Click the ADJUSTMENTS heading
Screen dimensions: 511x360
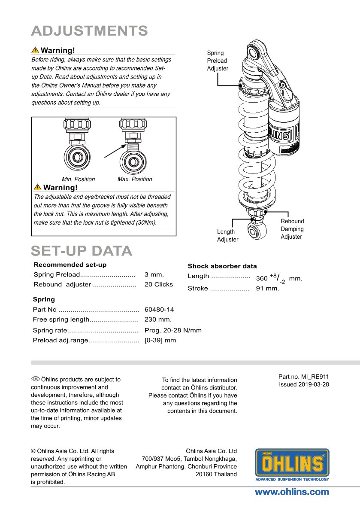pyautogui.click(x=89, y=31)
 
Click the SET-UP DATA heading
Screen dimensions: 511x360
pyautogui.click(x=82, y=251)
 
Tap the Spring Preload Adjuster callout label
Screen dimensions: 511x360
pyautogui.click(x=218, y=61)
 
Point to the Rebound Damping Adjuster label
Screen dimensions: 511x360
pyautogui.click(x=292, y=229)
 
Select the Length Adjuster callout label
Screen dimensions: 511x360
pyautogui.click(x=227, y=236)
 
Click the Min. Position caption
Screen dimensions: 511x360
pyautogui.click(x=78, y=179)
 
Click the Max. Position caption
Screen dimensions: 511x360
pyautogui.click(x=135, y=179)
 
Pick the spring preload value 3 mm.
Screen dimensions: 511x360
pyautogui.click(x=154, y=274)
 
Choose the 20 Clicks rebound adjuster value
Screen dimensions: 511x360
pyautogui.click(x=159, y=284)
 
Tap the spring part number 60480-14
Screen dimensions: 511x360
pyautogui.click(x=159, y=309)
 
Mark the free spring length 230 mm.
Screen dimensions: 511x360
pyautogui.click(x=158, y=319)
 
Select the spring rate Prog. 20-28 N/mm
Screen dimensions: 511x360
pyautogui.click(x=173, y=330)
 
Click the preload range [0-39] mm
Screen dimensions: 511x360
pyautogui.click(x=160, y=340)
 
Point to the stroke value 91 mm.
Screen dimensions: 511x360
pyautogui.click(x=267, y=288)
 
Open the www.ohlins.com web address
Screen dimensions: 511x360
pyautogui.click(x=292, y=492)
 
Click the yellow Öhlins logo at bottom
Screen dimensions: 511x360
pyautogui.click(x=292, y=465)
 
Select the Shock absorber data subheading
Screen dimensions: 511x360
pyautogui.click(x=222, y=266)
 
